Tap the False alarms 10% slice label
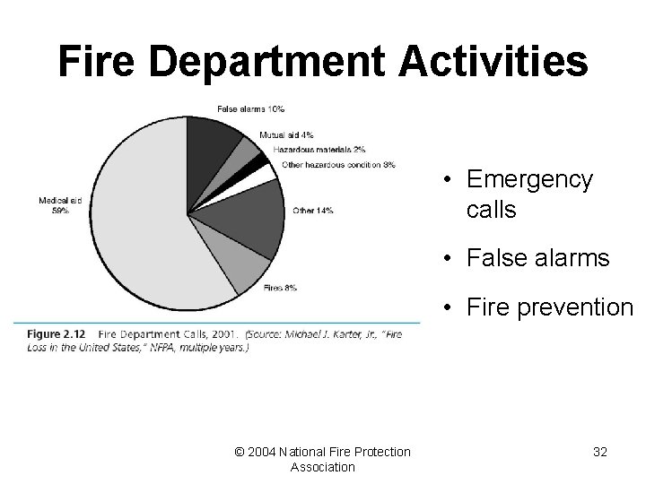(x=250, y=109)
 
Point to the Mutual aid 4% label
(x=286, y=135)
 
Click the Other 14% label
(x=312, y=211)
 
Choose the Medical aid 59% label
(x=60, y=205)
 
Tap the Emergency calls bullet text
(x=529, y=194)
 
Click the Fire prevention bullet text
(x=549, y=307)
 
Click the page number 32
(x=599, y=453)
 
